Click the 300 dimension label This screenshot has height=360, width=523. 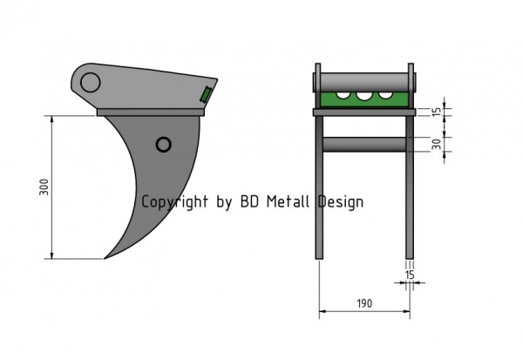click(x=44, y=187)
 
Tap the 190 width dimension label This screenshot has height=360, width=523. click(x=364, y=303)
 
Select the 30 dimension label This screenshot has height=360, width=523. click(x=437, y=144)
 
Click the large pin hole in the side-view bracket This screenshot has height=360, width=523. click(x=90, y=83)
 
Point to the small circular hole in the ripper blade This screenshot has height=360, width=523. click(x=164, y=145)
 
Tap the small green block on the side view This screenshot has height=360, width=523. click(x=206, y=94)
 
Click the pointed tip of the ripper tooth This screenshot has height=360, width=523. click(x=105, y=258)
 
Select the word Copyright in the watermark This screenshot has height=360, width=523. click(x=175, y=202)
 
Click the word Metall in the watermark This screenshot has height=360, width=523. click(x=288, y=201)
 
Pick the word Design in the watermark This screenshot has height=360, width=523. click(x=340, y=202)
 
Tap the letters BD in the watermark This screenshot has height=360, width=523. click(x=249, y=201)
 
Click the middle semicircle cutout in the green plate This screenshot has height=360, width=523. click(x=364, y=96)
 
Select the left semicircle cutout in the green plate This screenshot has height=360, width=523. click(x=343, y=95)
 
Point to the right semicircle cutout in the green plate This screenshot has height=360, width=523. click(x=385, y=95)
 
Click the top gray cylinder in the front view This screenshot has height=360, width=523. click(x=364, y=82)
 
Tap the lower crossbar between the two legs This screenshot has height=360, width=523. click(x=364, y=145)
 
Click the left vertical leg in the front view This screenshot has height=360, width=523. click(x=319, y=187)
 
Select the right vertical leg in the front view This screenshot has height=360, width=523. click(x=410, y=187)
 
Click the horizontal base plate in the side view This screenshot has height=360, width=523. click(x=151, y=112)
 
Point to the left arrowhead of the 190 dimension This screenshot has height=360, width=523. click(x=323, y=311)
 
